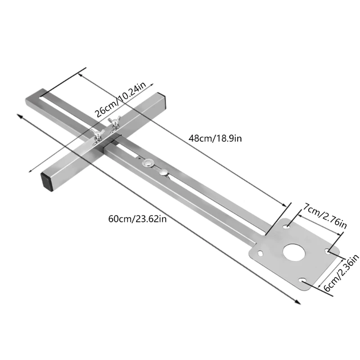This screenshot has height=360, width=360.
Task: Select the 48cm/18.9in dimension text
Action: point(215,138)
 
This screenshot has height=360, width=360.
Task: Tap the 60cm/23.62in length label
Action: point(138,220)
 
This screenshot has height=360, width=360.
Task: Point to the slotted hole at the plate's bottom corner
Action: point(304,281)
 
